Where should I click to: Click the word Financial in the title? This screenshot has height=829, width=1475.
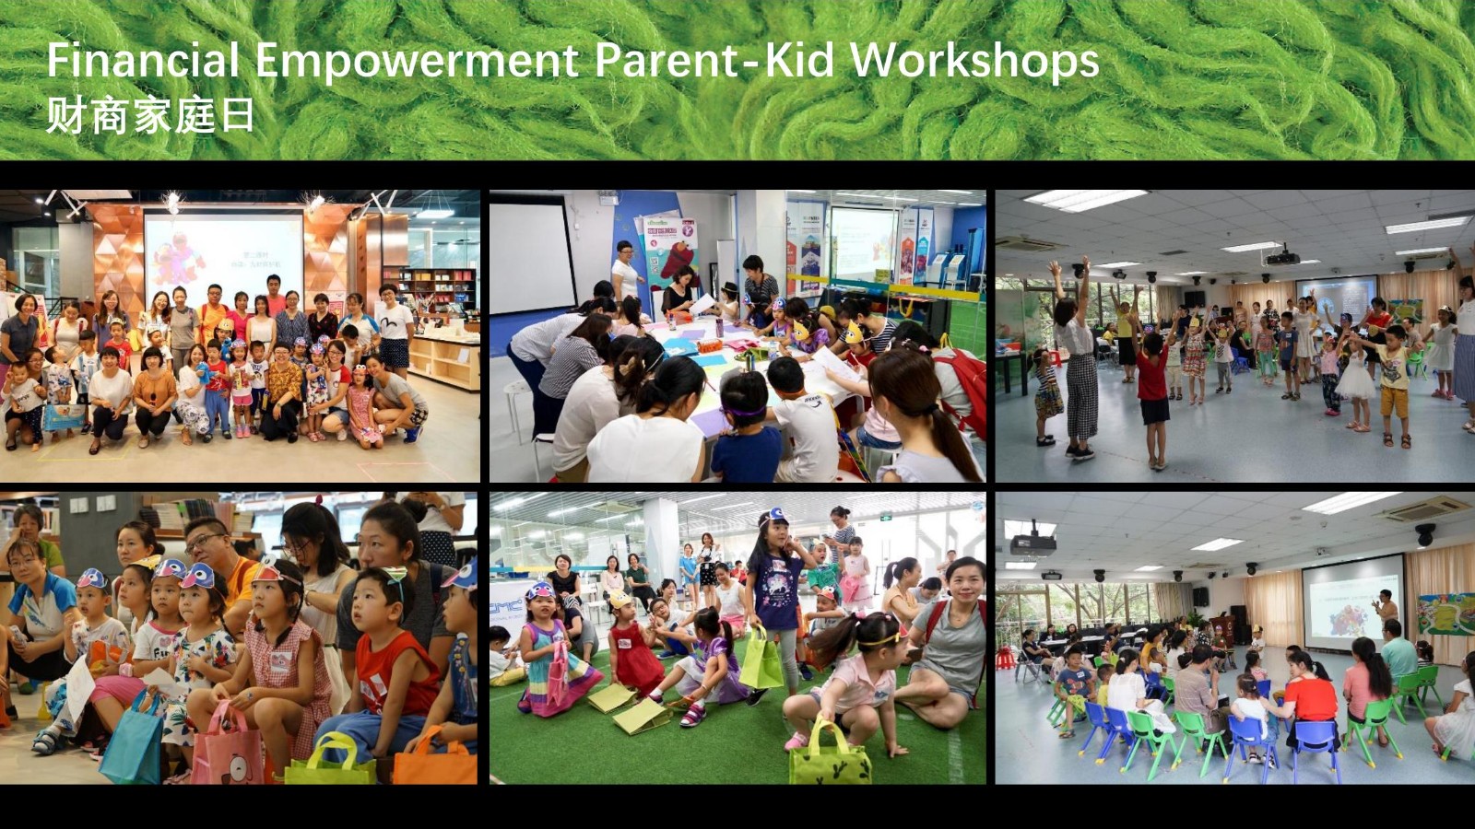[143, 60]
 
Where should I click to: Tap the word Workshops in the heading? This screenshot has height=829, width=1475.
[974, 60]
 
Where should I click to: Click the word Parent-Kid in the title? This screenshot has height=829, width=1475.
[715, 60]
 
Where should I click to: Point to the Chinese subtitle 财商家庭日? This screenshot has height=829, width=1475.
[150, 116]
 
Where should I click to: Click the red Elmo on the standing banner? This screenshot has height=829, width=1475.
[678, 259]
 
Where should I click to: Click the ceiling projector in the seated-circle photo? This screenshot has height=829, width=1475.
[1033, 543]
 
